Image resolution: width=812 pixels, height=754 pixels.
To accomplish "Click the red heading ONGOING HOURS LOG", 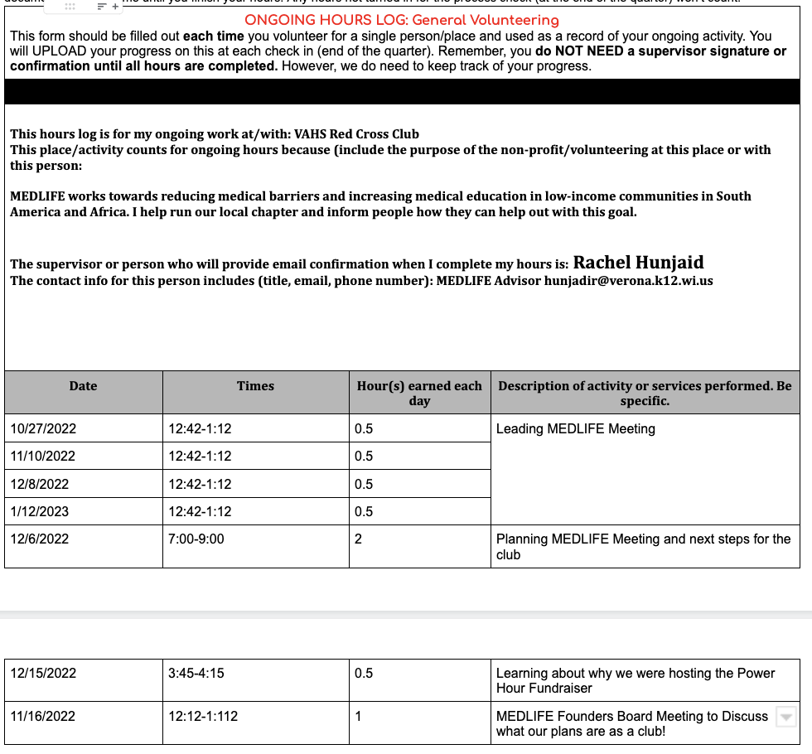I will pyautogui.click(x=402, y=20).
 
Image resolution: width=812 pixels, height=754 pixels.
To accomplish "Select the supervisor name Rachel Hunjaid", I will pyautogui.click(x=638, y=263).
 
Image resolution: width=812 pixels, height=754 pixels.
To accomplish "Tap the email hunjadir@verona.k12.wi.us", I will pyautogui.click(x=628, y=281).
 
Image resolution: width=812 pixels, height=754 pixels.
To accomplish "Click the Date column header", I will pyautogui.click(x=83, y=386).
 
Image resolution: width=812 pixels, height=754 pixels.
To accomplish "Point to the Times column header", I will pyautogui.click(x=255, y=386).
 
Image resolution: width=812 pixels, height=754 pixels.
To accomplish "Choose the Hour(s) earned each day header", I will pyautogui.click(x=419, y=393).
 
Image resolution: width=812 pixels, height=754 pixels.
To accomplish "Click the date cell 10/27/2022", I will pyautogui.click(x=43, y=428).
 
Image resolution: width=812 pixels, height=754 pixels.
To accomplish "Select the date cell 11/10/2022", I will pyautogui.click(x=43, y=457).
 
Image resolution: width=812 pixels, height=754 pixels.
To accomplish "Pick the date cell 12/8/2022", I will pyautogui.click(x=40, y=484).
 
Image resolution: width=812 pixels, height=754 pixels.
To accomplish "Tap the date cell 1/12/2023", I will pyautogui.click(x=40, y=511).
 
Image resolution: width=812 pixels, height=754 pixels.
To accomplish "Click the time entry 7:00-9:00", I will pyautogui.click(x=196, y=539).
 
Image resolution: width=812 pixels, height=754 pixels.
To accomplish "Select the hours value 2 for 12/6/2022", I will pyautogui.click(x=359, y=539).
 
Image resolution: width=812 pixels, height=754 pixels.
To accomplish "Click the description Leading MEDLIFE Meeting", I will pyautogui.click(x=576, y=428).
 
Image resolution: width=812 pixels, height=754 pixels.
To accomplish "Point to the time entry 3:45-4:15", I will pyautogui.click(x=196, y=673).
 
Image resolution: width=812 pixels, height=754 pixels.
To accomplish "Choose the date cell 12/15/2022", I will pyautogui.click(x=43, y=673).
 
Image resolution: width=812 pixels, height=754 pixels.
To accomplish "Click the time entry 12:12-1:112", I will pyautogui.click(x=203, y=716).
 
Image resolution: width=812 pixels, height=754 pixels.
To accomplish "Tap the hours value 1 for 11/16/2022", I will pyautogui.click(x=358, y=716).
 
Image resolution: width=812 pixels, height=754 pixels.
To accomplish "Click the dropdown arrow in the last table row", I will pyautogui.click(x=786, y=717).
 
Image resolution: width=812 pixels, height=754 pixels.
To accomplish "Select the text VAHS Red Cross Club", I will pyautogui.click(x=357, y=134).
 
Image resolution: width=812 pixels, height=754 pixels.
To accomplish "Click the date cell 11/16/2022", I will pyautogui.click(x=43, y=716).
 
